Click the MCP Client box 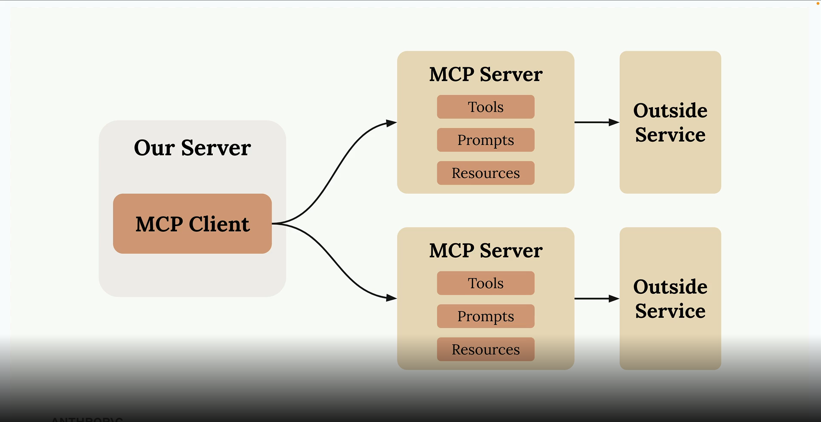(x=192, y=223)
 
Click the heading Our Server (x=192, y=148)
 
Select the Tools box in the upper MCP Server (x=486, y=107)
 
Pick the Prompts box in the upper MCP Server (x=486, y=140)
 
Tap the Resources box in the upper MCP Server (x=486, y=173)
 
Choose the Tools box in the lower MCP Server (x=486, y=283)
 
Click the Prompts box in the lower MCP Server (x=486, y=316)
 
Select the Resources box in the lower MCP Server (x=486, y=349)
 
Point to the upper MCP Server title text (x=486, y=75)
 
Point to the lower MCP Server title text (x=486, y=251)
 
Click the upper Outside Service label (x=670, y=122)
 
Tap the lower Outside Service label (x=670, y=298)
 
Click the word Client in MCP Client (x=219, y=224)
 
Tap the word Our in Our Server (x=154, y=148)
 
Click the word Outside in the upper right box (x=670, y=111)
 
